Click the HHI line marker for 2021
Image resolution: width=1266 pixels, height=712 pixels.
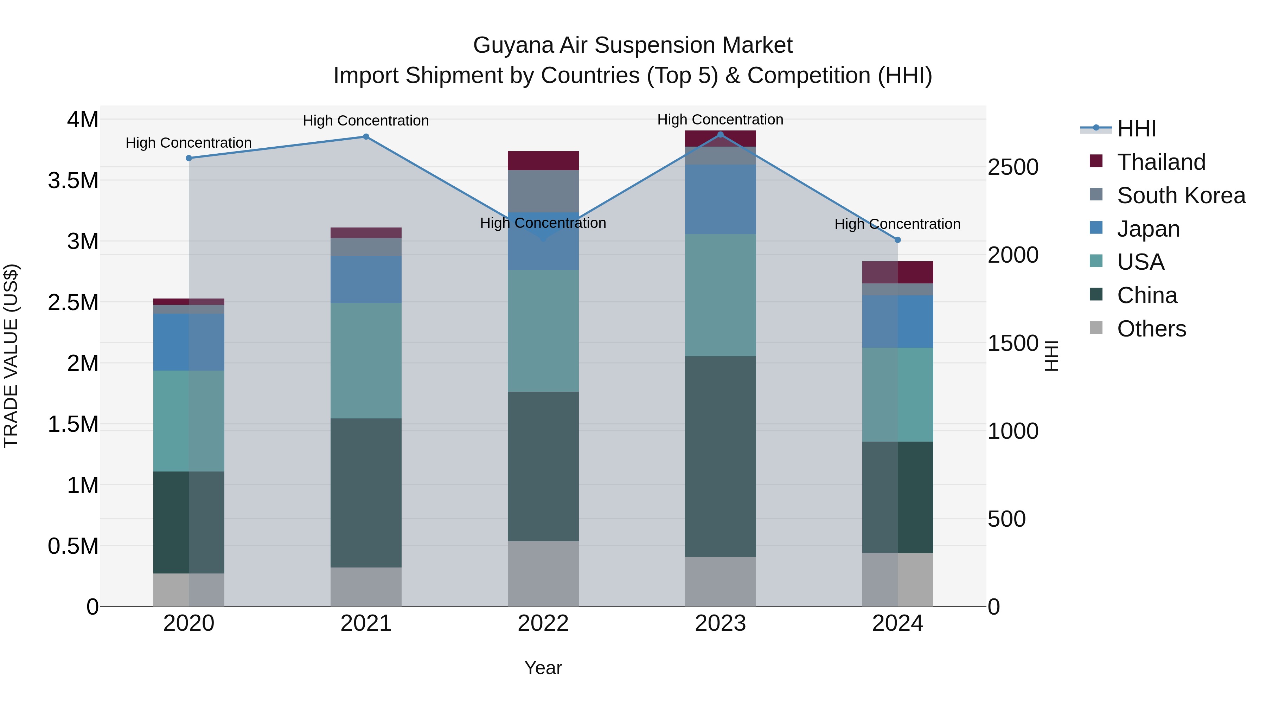tap(366, 137)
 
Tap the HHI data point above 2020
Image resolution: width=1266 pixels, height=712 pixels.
tap(189, 158)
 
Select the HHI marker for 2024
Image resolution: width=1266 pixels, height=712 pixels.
tap(897, 240)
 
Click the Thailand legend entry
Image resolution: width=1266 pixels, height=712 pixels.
tap(1161, 162)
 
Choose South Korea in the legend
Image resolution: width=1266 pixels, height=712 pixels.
tap(1181, 195)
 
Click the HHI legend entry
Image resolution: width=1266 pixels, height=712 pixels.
tap(1136, 129)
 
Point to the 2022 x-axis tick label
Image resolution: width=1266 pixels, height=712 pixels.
tap(543, 623)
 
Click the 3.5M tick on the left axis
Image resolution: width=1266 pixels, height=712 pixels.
tap(73, 180)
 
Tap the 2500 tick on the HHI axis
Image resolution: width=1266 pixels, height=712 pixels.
tap(1013, 167)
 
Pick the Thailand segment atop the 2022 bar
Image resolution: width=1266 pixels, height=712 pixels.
tap(543, 161)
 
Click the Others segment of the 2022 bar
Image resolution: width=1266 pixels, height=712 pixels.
tap(543, 573)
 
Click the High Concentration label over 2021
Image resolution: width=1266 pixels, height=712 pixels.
tap(366, 120)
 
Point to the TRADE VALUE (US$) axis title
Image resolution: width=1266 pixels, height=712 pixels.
tap(11, 356)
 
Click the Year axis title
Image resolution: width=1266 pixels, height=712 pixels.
tap(543, 668)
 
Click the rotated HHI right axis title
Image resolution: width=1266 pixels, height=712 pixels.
tap(1051, 356)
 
